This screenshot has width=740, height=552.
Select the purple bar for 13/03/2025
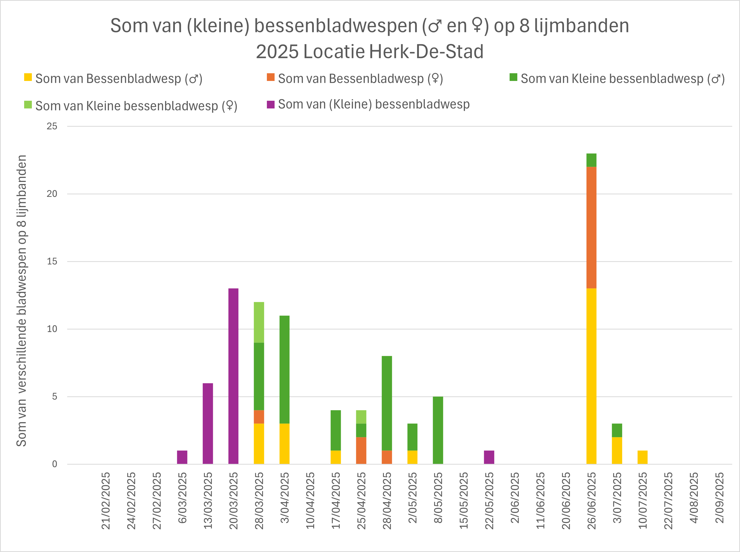point(208,423)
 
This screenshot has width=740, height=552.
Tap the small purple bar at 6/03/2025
point(182,457)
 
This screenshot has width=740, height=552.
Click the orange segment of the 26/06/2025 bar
point(591,227)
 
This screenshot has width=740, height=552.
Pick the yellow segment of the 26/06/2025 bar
point(591,376)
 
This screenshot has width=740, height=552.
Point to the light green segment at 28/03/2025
point(259,322)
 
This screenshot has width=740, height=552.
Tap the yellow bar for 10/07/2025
point(642,457)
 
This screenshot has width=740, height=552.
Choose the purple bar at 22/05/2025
point(489,457)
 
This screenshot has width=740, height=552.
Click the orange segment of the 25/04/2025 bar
point(361,450)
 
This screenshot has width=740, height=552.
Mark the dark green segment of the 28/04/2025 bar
point(387,403)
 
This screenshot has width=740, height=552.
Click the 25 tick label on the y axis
point(52,126)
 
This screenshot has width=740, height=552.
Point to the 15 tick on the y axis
point(52,261)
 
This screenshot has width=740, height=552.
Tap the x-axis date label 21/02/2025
point(106,500)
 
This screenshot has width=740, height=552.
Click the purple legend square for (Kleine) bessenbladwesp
point(270,105)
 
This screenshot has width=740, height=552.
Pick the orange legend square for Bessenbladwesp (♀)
point(270,78)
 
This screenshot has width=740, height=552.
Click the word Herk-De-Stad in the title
point(426,52)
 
